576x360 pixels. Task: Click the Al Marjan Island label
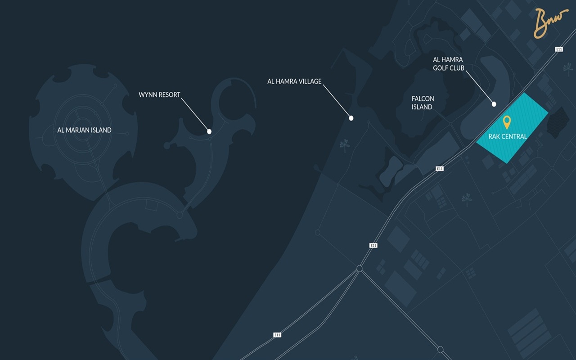(84, 130)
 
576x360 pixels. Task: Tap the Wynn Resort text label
(159, 95)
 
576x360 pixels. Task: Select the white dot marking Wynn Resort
(209, 131)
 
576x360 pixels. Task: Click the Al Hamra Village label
(294, 81)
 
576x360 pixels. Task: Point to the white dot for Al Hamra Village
(351, 118)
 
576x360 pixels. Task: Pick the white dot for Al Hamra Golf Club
(494, 104)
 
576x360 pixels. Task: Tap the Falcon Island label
(423, 103)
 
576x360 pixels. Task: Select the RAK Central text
(508, 136)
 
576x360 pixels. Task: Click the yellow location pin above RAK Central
(507, 121)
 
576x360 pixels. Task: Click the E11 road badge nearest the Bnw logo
(559, 49)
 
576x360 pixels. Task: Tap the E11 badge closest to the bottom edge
(277, 335)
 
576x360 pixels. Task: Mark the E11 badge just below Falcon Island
(440, 168)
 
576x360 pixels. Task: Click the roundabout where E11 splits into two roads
(359, 269)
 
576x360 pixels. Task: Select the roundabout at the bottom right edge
(441, 349)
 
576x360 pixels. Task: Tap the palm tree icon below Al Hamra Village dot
(345, 145)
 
